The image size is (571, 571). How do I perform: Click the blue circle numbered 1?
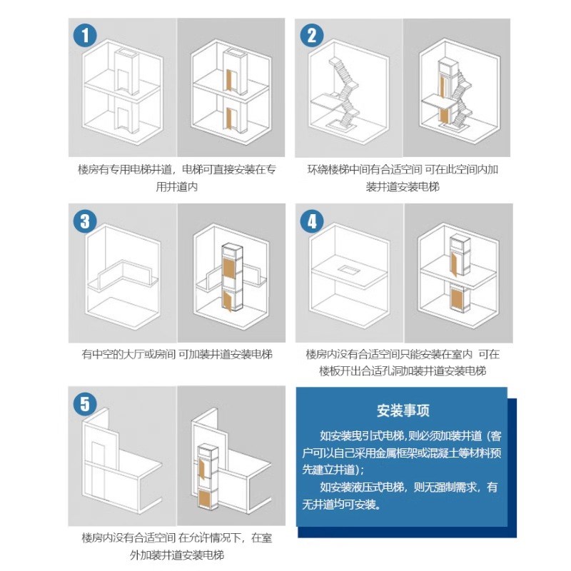pyautogui.click(x=86, y=34)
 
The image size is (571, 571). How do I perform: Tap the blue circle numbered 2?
pyautogui.click(x=312, y=34)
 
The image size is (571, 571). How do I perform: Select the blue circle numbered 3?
pyautogui.click(x=86, y=221)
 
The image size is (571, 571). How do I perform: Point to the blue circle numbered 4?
pyautogui.click(x=312, y=221)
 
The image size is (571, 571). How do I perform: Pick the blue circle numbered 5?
pyautogui.click(x=86, y=405)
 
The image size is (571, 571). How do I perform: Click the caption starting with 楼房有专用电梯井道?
pyautogui.click(x=176, y=178)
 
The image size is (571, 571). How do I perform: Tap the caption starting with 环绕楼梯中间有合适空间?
pyautogui.click(x=403, y=178)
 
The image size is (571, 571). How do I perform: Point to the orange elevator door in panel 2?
pyautogui.click(x=444, y=111)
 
